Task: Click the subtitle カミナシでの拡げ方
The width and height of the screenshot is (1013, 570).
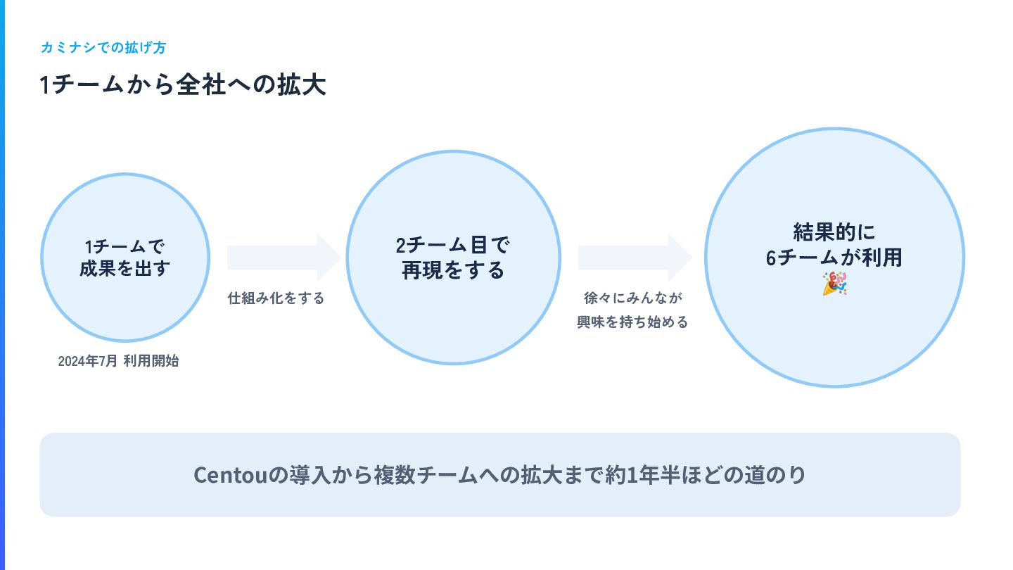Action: point(103,48)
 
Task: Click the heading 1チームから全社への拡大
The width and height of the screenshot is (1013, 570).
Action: point(183,86)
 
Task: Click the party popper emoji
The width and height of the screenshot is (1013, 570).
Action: point(834,284)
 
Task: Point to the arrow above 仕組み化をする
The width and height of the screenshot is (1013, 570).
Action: point(283,258)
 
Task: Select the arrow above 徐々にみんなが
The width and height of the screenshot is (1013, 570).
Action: point(635,258)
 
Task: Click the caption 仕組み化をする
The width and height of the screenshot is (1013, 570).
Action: point(276,298)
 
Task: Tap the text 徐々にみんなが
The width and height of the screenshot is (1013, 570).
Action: point(633,298)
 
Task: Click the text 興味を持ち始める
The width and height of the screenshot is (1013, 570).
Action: point(632,322)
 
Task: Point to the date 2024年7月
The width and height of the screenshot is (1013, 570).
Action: point(87,362)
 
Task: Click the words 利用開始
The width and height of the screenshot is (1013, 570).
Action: point(151,362)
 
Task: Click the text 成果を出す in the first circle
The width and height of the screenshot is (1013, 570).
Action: point(125,269)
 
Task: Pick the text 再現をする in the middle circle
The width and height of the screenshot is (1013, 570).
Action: point(453,270)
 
